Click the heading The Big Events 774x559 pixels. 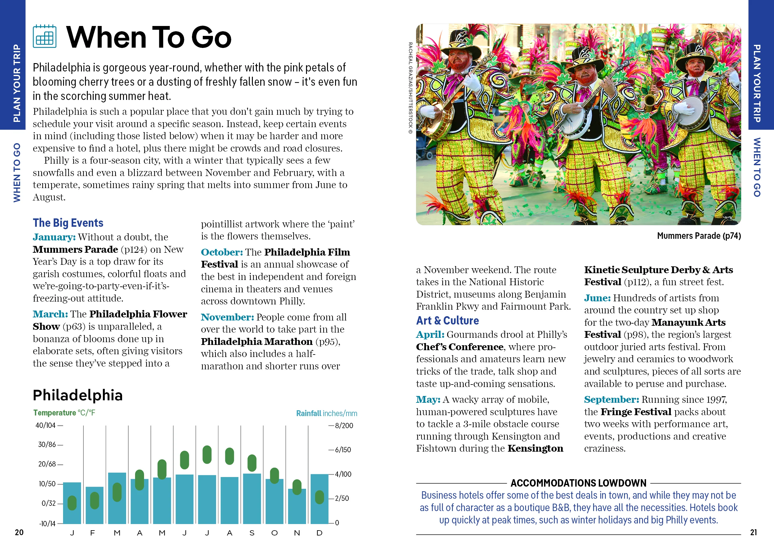[68, 223]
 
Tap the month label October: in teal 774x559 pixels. [222, 252]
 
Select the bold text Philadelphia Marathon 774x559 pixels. [256, 342]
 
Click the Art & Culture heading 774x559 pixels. [447, 321]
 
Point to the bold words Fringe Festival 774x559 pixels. [636, 412]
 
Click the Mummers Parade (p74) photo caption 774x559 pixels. [699, 236]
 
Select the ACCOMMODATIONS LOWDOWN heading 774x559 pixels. [578, 483]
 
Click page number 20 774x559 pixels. [19, 532]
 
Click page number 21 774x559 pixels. [753, 532]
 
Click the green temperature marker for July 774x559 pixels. [207, 454]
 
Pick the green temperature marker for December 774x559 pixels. [319, 497]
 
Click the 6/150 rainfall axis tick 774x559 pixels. [342, 450]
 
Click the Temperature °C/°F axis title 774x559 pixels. [64, 413]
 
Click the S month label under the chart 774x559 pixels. [252, 533]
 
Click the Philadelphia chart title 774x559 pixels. [78, 395]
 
